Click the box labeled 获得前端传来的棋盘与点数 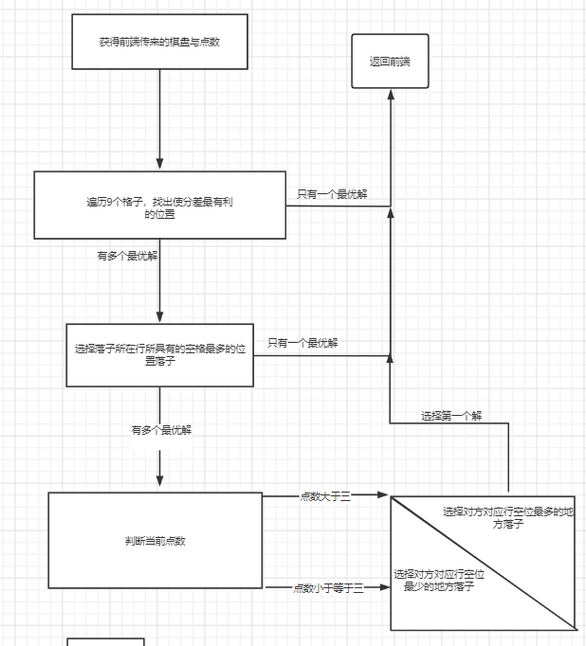pyautogui.click(x=159, y=42)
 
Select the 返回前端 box pyautogui.click(x=390, y=62)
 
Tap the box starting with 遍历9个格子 pyautogui.click(x=159, y=205)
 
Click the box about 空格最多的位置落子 pyautogui.click(x=159, y=354)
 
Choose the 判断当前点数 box pyautogui.click(x=155, y=540)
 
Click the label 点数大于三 pyautogui.click(x=325, y=496)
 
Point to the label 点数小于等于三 pyautogui.click(x=329, y=588)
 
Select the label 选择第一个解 pyautogui.click(x=451, y=416)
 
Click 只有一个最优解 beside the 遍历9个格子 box pyautogui.click(x=332, y=194)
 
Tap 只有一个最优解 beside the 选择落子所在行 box pyautogui.click(x=302, y=343)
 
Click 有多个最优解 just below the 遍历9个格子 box pyautogui.click(x=127, y=256)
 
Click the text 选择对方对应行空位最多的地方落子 pyautogui.click(x=508, y=517)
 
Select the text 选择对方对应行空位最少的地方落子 pyautogui.click(x=438, y=581)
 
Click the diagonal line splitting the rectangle pyautogui.click(x=484, y=562)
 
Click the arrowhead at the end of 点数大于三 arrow pyautogui.click(x=383, y=495)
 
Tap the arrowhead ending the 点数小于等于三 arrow pyautogui.click(x=383, y=587)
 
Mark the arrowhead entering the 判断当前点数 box pyautogui.click(x=159, y=484)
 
